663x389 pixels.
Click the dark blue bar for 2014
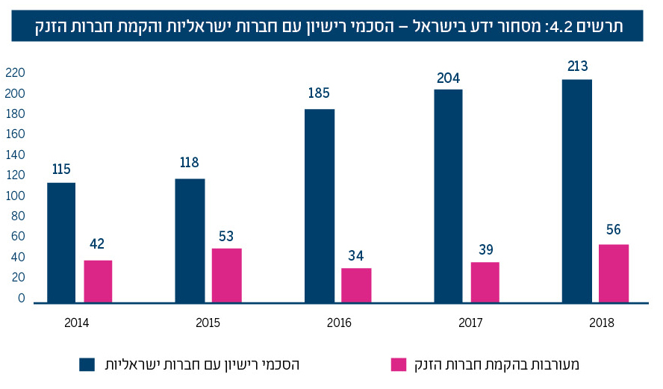(61, 242)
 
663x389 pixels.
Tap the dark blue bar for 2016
(320, 205)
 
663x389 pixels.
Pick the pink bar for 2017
(485, 281)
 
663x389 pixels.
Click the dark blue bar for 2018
(577, 190)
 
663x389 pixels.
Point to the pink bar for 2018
(614, 273)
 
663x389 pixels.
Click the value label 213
(577, 66)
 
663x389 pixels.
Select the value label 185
(319, 94)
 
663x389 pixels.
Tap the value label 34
(356, 255)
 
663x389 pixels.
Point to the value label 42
(97, 243)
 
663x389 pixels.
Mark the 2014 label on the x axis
(78, 323)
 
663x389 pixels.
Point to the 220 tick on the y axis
(16, 72)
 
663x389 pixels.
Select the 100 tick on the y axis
(16, 196)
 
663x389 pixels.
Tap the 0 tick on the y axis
(21, 298)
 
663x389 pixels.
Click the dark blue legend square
(88, 364)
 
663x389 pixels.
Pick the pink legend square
(399, 364)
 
